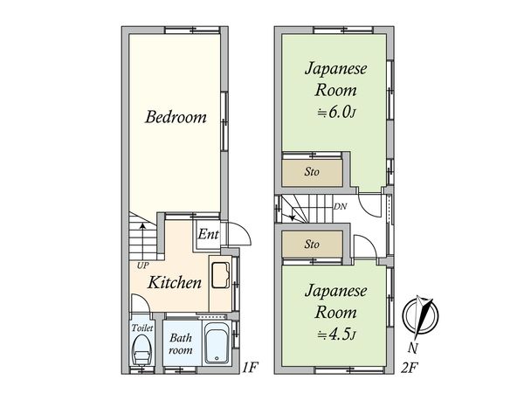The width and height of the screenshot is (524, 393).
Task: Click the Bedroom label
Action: [x=176, y=116]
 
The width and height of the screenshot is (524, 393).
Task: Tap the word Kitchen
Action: [x=175, y=282]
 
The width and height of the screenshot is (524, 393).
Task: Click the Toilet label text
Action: [x=142, y=327]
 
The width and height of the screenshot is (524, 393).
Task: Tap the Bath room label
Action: [x=181, y=343]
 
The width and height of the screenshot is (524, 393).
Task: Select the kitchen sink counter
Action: [x=221, y=277]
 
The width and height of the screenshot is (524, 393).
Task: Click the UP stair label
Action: [x=141, y=265]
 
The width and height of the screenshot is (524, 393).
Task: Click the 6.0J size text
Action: [x=335, y=111]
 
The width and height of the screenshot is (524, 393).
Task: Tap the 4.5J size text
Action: [x=335, y=333]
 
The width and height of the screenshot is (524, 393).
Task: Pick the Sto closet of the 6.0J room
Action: [x=312, y=171]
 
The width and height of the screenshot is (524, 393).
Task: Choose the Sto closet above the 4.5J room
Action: [x=312, y=245]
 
